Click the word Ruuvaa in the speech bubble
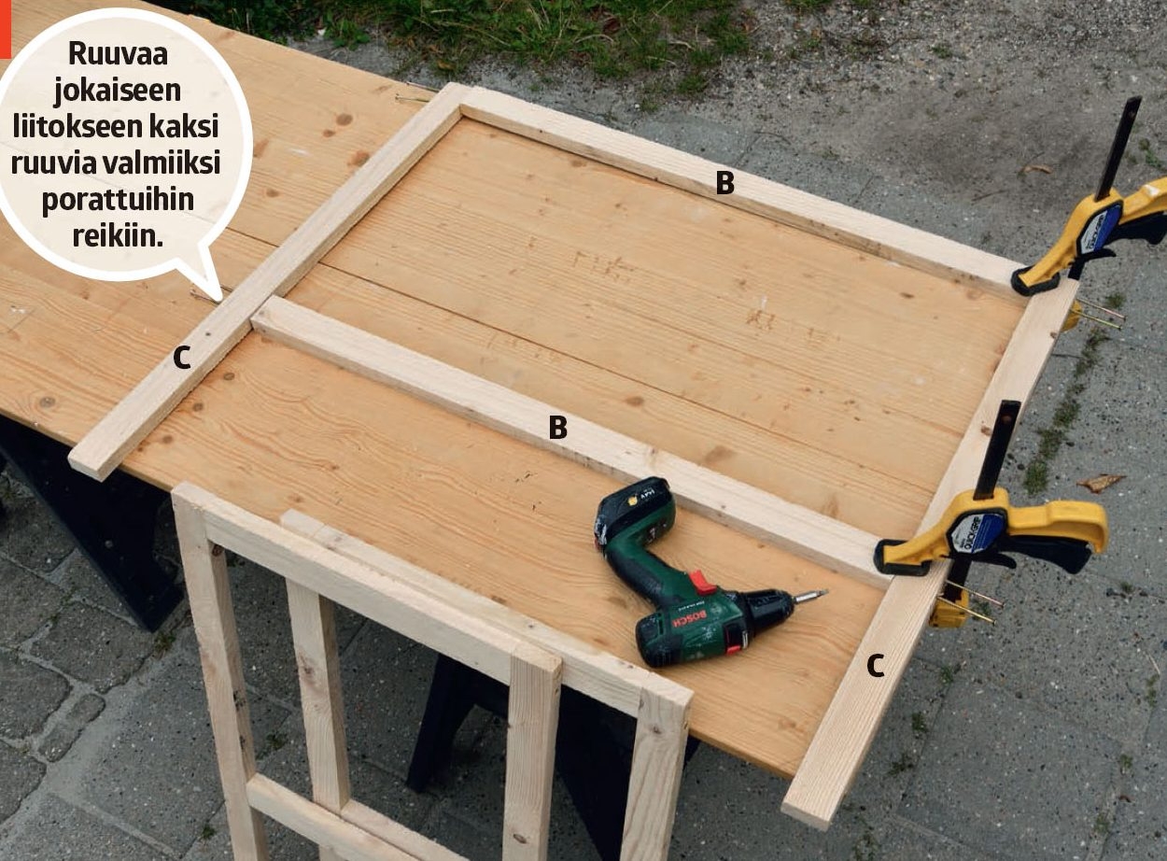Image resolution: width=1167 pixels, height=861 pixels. (118, 53)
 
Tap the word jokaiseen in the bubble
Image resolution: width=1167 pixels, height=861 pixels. (118, 91)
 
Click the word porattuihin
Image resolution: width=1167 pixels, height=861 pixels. (118, 200)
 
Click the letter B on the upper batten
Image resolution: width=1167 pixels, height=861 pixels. (724, 183)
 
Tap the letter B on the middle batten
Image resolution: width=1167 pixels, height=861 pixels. (558, 428)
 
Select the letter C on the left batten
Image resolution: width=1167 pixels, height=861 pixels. (182, 359)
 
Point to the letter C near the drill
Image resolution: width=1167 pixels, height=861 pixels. (876, 666)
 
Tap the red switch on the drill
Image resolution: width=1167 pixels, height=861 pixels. (701, 582)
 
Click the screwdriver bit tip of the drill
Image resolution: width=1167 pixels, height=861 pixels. (825, 592)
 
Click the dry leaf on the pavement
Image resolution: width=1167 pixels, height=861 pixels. (1100, 483)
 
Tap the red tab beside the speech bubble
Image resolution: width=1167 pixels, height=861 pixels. (5, 29)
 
